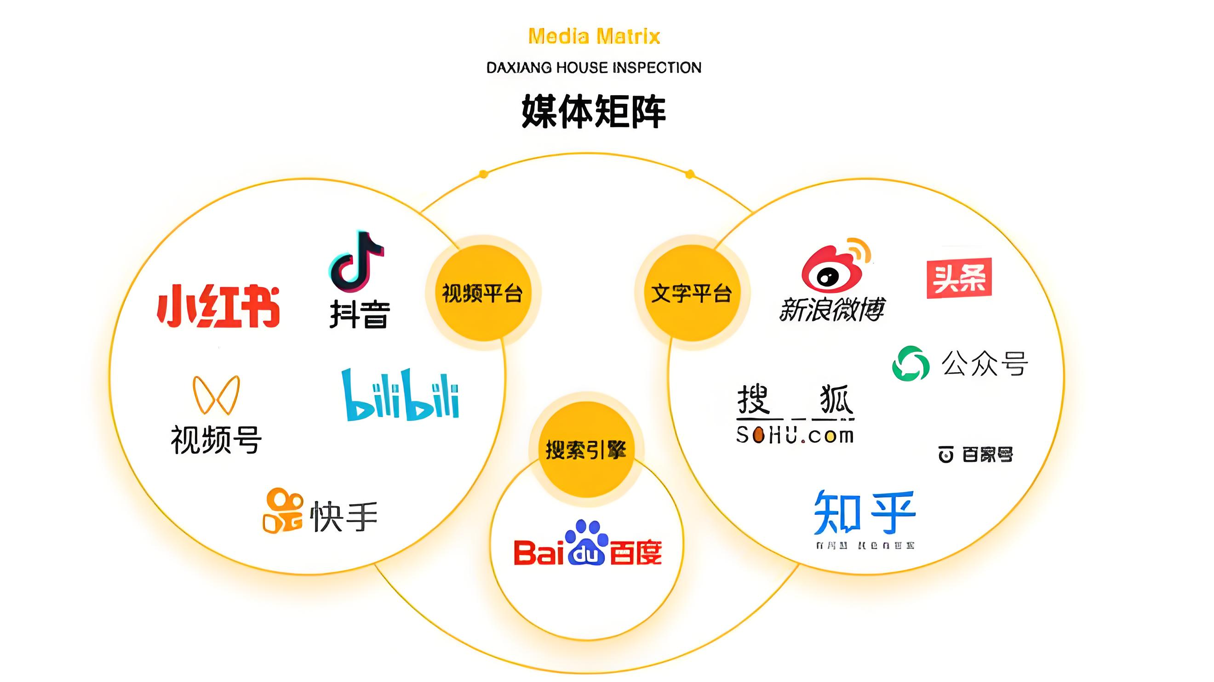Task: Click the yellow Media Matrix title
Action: tap(594, 36)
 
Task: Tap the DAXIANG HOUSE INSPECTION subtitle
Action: tap(594, 68)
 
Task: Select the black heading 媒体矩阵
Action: tap(594, 111)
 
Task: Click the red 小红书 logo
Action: tap(218, 306)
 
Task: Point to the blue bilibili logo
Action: tap(401, 395)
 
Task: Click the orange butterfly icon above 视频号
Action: tap(216, 395)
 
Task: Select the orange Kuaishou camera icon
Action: tap(282, 511)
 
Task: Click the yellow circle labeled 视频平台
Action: tap(482, 293)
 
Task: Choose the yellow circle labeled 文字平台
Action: tap(691, 293)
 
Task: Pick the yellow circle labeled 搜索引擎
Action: tap(586, 449)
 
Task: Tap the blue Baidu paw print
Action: tap(586, 542)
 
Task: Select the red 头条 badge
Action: tap(959, 278)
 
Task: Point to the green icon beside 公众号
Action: tap(910, 364)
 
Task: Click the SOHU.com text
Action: tap(795, 435)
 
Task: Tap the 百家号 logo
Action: tap(975, 455)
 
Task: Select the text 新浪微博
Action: tap(832, 309)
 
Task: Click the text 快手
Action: tap(344, 516)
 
